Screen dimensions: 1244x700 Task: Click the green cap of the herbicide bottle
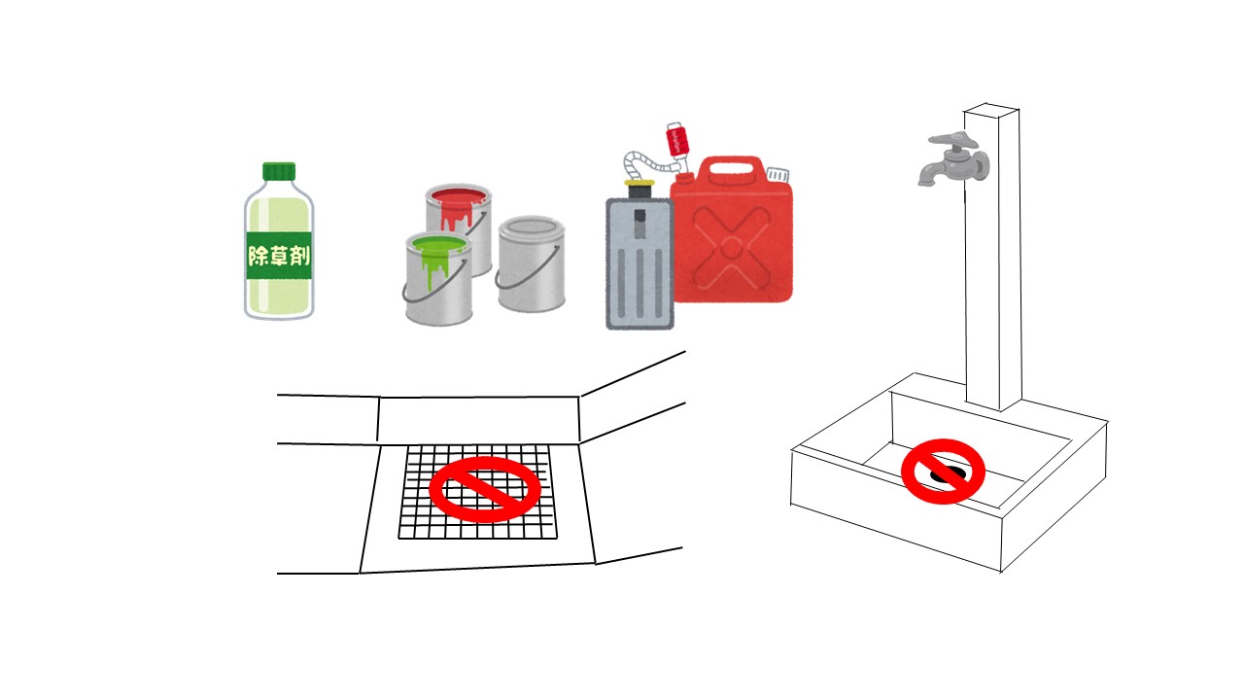tap(279, 172)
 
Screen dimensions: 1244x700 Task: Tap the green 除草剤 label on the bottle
tap(279, 257)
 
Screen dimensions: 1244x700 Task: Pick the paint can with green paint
tap(438, 278)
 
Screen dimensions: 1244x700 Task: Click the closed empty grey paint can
tap(532, 263)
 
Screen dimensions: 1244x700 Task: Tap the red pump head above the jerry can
tap(675, 139)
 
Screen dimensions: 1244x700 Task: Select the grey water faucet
tap(954, 158)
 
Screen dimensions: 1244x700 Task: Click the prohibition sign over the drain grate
tap(485, 489)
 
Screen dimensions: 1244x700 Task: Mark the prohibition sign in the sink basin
tap(943, 472)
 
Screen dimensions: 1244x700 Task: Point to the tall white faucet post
tap(993, 257)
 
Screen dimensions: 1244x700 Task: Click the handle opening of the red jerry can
tap(732, 168)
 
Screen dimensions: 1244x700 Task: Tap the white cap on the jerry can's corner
tap(778, 173)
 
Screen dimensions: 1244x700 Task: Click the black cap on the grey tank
tap(639, 190)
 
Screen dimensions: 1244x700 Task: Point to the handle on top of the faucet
tap(951, 139)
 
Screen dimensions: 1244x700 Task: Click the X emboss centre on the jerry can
tap(731, 247)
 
